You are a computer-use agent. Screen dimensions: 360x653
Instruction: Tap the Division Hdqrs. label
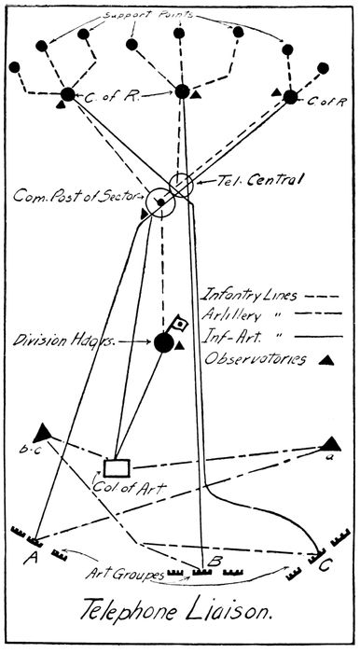(63, 340)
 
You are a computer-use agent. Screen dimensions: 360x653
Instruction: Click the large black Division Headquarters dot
(164, 342)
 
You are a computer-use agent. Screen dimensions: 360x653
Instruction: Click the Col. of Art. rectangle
(117, 468)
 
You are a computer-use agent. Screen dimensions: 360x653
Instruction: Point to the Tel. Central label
(259, 180)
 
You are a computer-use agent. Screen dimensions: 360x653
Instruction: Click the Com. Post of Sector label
(75, 196)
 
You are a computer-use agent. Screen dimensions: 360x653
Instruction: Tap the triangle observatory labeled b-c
(42, 433)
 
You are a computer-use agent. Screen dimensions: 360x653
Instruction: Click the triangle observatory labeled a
(330, 444)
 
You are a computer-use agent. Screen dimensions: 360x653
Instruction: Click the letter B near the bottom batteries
(214, 562)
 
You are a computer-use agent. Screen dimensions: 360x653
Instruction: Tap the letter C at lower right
(325, 566)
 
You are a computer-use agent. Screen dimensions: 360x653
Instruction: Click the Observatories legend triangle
(326, 360)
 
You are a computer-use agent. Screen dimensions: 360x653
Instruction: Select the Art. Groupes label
(124, 574)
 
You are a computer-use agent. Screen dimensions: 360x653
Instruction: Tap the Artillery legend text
(231, 315)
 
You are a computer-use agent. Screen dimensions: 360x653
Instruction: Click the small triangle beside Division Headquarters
(179, 346)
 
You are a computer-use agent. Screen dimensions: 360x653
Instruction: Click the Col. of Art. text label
(129, 486)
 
